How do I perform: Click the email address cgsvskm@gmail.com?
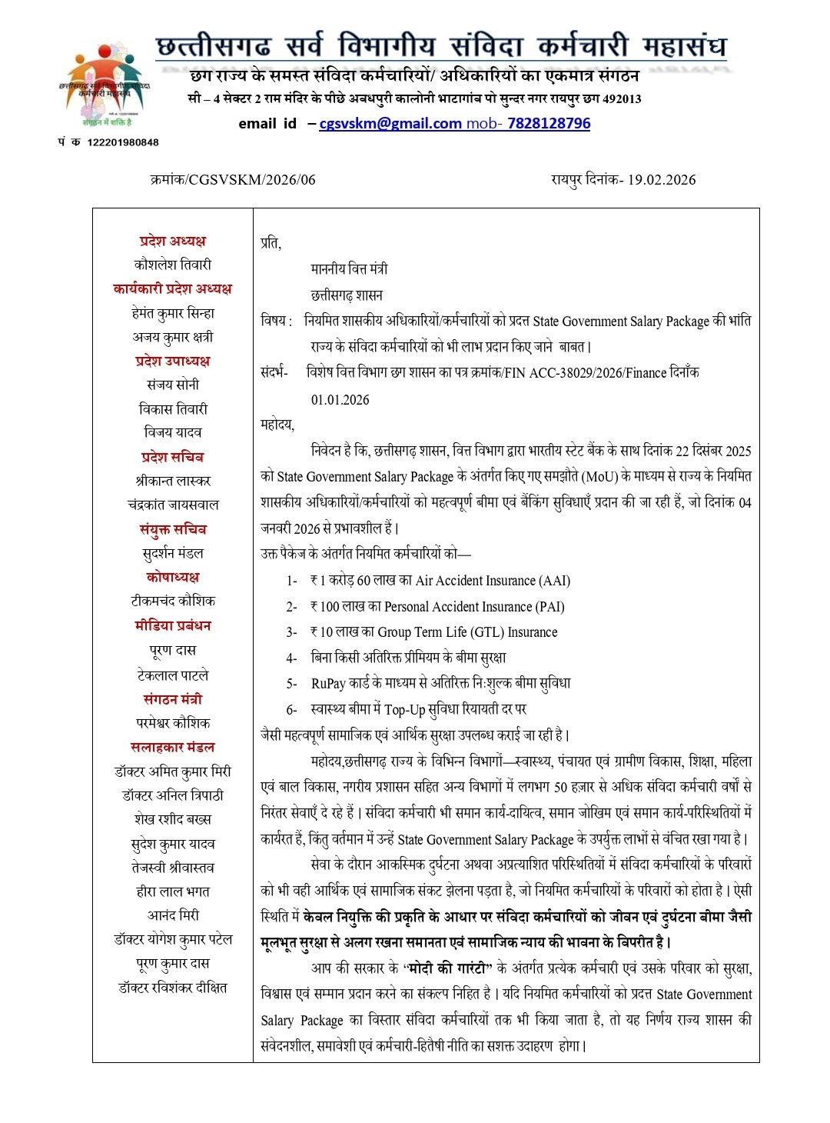(x=390, y=123)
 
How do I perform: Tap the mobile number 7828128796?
(x=549, y=123)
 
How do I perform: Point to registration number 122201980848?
(x=123, y=142)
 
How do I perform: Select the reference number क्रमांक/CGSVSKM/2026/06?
(x=233, y=180)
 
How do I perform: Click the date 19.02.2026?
(x=662, y=180)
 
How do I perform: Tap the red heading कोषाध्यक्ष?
(x=173, y=577)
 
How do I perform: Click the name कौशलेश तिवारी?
(x=173, y=265)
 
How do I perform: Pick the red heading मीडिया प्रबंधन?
(x=173, y=625)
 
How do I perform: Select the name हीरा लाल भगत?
(x=173, y=891)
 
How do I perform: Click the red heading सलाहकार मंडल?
(x=173, y=747)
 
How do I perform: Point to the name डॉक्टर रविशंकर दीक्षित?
(x=173, y=988)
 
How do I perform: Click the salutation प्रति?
(x=271, y=243)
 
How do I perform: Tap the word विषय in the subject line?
(x=274, y=321)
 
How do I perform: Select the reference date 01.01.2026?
(x=340, y=400)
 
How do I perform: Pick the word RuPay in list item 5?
(x=328, y=683)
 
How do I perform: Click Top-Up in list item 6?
(x=405, y=709)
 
